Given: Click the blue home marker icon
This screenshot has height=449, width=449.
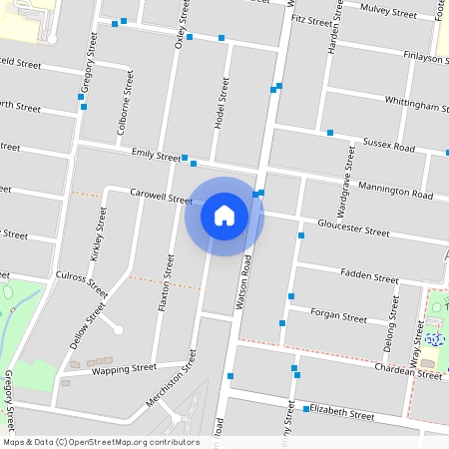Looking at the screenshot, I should [224, 216].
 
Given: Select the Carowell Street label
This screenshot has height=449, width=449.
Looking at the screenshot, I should [161, 199].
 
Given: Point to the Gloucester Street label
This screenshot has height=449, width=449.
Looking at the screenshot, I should [353, 230].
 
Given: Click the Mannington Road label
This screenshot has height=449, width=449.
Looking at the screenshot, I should [396, 191].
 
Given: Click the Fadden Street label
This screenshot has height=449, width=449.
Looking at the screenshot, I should [369, 277].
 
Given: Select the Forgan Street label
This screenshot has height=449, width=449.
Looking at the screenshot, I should [339, 317].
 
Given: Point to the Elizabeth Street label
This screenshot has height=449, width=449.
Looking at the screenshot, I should [340, 411].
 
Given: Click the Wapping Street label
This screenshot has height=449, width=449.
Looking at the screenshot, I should [125, 368].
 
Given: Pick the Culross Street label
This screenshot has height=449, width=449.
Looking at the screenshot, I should [82, 283].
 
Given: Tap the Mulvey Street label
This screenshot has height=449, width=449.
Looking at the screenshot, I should [389, 13].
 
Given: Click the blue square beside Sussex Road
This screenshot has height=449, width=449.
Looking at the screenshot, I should [329, 132].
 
